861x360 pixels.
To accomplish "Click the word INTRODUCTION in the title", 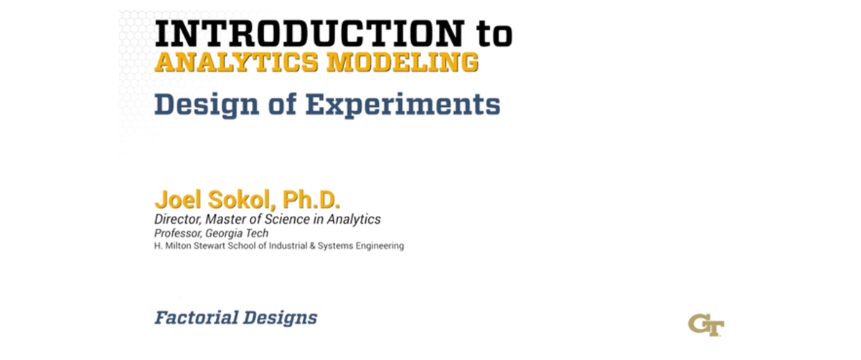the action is [310, 34].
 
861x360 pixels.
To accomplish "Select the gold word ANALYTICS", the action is [236, 62].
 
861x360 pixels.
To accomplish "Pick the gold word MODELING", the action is [403, 62].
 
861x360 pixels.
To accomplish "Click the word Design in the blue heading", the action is [207, 105].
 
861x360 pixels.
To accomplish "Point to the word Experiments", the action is [403, 105].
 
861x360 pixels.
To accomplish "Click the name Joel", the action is [178, 199].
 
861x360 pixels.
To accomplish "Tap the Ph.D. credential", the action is [311, 199].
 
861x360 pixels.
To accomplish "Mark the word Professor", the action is [178, 233].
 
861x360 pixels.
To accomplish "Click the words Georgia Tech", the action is [237, 234].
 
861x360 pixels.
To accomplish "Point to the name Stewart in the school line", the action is [210, 246].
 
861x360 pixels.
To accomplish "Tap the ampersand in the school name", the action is [313, 246].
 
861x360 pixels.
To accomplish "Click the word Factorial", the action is [197, 318].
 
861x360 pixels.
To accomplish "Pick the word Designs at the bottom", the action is [281, 318].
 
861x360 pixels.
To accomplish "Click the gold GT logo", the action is [706, 325].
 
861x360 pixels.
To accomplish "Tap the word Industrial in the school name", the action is [288, 246].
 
